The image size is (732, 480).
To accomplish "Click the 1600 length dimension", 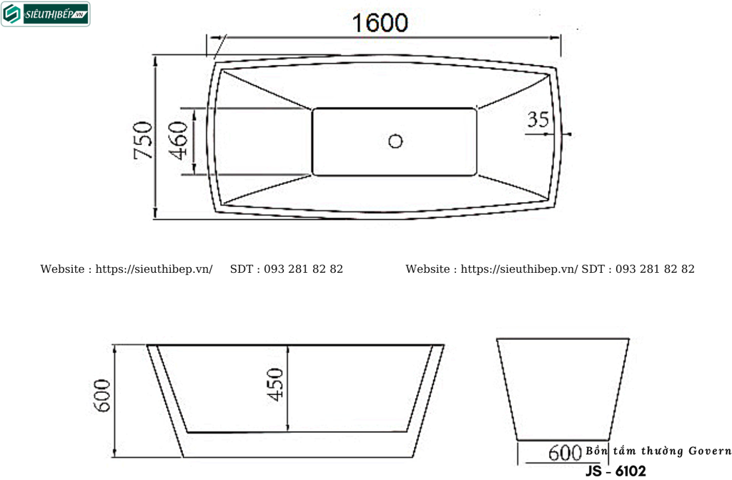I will [380, 24].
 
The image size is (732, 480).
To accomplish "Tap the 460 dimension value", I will [179, 140].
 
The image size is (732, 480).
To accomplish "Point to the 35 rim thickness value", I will [538, 119].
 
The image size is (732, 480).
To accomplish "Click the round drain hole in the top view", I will [395, 141].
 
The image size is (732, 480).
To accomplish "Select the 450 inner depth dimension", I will [276, 384].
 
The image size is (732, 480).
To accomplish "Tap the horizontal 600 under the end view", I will [565, 452].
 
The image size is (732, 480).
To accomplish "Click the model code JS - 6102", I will [615, 471].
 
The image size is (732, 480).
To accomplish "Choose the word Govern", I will [710, 451].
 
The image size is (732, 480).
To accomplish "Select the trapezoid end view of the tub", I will [563, 389].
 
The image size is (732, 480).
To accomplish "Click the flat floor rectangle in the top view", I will [395, 141].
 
